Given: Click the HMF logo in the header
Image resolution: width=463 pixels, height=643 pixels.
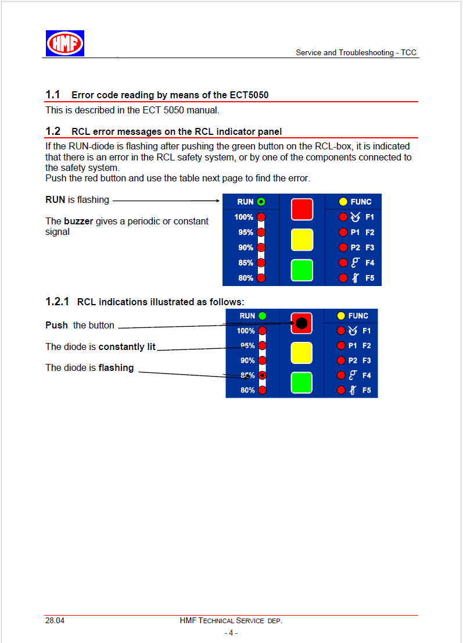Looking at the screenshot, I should (x=65, y=43).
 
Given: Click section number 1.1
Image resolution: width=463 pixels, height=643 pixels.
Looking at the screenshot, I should (x=53, y=94).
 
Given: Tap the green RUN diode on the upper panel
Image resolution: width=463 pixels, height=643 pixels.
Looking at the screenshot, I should (x=261, y=202).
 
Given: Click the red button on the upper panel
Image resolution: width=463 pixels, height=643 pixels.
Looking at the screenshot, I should (x=302, y=209).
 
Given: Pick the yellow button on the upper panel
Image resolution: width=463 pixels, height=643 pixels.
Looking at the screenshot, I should (x=302, y=240).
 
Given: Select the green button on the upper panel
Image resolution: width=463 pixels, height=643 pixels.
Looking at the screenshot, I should (x=302, y=270).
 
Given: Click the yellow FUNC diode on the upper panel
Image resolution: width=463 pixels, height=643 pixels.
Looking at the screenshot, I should (x=343, y=202).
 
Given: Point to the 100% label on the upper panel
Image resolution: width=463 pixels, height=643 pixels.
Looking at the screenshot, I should (x=244, y=217).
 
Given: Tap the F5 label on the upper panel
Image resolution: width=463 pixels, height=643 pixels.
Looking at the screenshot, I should (x=370, y=278).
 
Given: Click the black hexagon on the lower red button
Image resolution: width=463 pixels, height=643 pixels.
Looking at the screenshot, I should (x=301, y=324).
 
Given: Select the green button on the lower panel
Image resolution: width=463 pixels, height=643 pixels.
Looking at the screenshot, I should (x=302, y=383).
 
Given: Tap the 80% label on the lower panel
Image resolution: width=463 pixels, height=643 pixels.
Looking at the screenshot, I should (x=247, y=390).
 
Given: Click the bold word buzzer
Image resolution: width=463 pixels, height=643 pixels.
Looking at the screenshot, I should (x=78, y=221).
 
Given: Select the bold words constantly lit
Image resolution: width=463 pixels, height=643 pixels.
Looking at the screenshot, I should (x=127, y=346).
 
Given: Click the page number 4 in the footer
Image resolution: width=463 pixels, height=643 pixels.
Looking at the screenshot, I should (x=231, y=633).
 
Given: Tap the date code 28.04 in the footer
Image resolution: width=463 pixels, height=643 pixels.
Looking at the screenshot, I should (x=55, y=620).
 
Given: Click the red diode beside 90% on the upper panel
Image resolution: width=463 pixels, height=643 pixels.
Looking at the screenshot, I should (x=261, y=248).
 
